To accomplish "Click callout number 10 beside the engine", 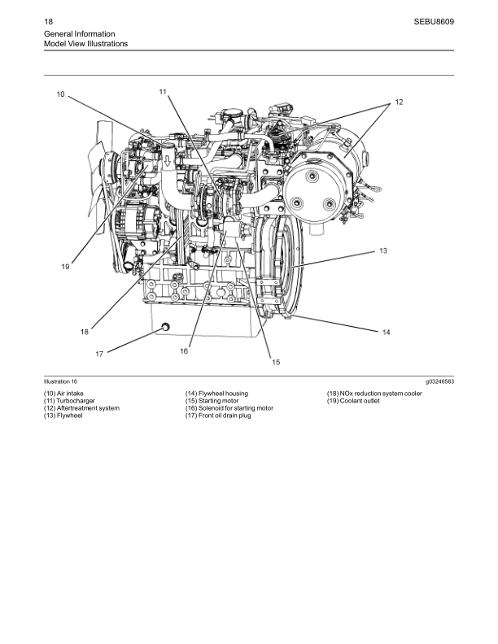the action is pyautogui.click(x=60, y=94).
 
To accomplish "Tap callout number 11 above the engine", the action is pyautogui.click(x=163, y=92).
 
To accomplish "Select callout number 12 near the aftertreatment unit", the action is pyautogui.click(x=399, y=102).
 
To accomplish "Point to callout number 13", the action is pyautogui.click(x=383, y=250).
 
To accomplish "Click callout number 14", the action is pyautogui.click(x=387, y=332).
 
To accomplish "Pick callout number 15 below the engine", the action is pyautogui.click(x=276, y=362).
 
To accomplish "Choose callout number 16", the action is pyautogui.click(x=184, y=350).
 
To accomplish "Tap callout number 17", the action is pyautogui.click(x=99, y=354).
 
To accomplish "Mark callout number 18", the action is pyautogui.click(x=85, y=332).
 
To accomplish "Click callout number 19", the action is pyautogui.click(x=65, y=267).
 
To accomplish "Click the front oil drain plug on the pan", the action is pyautogui.click(x=165, y=327).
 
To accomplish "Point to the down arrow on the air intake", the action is pyautogui.click(x=168, y=160).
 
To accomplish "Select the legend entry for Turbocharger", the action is pyautogui.click(x=69, y=400).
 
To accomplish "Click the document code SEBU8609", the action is pyautogui.click(x=434, y=22).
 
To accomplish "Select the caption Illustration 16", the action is pyautogui.click(x=60, y=381).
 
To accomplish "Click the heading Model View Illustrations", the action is pyautogui.click(x=86, y=44).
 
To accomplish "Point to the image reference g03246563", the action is pyautogui.click(x=439, y=381).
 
